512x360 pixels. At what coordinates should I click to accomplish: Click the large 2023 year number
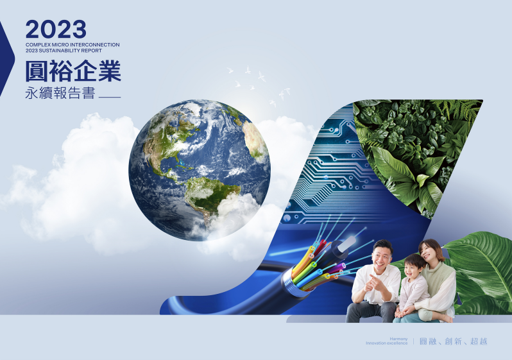click(56, 29)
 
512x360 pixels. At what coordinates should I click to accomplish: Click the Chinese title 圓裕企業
click(74, 71)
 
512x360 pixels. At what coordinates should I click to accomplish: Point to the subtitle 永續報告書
click(60, 93)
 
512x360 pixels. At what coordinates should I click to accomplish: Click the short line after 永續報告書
click(110, 97)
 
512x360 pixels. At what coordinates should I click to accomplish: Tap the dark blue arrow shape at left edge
click(6, 59)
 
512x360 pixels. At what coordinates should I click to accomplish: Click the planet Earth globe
click(200, 170)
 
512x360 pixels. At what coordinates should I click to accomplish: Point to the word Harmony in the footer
click(398, 339)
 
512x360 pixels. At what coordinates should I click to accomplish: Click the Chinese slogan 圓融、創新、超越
click(454, 341)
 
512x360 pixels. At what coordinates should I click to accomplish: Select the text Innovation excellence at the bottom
click(387, 343)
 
